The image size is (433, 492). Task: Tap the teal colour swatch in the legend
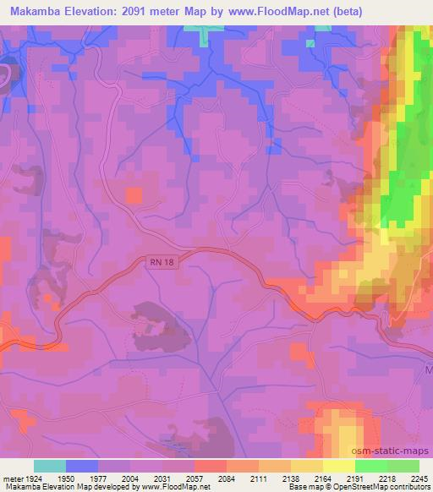click(x=50, y=466)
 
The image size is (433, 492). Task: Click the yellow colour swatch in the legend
click(x=338, y=466)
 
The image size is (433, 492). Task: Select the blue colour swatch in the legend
click(x=82, y=466)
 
